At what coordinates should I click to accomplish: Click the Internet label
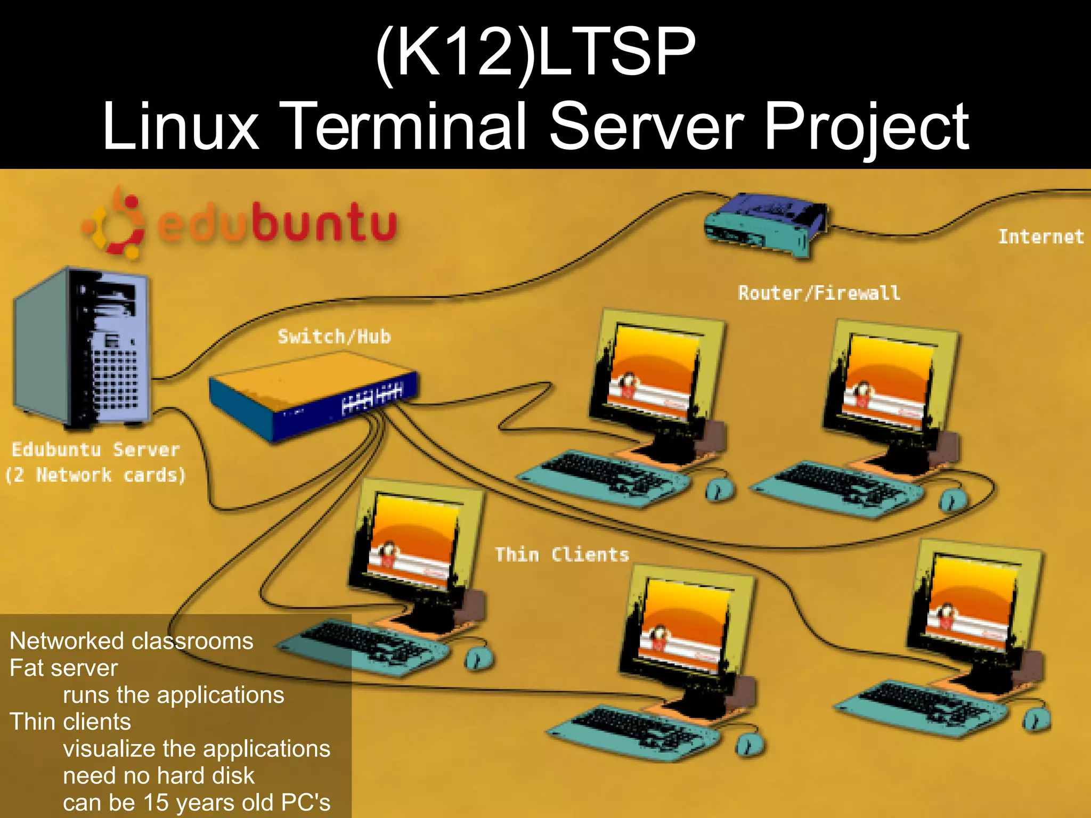click(x=1040, y=236)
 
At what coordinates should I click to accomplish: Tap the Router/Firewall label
click(x=819, y=293)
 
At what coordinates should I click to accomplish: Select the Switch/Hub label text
click(x=334, y=337)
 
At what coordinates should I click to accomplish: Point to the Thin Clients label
click(x=561, y=554)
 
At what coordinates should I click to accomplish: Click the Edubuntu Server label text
click(x=95, y=449)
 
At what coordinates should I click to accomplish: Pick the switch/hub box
click(x=313, y=394)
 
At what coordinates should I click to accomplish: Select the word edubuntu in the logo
click(x=277, y=224)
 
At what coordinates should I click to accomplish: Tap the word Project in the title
click(x=866, y=128)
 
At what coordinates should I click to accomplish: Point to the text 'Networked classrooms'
click(x=131, y=641)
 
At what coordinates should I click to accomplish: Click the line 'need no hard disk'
click(x=159, y=775)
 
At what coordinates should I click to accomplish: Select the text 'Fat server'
click(x=63, y=668)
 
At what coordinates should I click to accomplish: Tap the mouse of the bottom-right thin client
click(x=1036, y=720)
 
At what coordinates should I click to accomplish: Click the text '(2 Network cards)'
click(x=95, y=475)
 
